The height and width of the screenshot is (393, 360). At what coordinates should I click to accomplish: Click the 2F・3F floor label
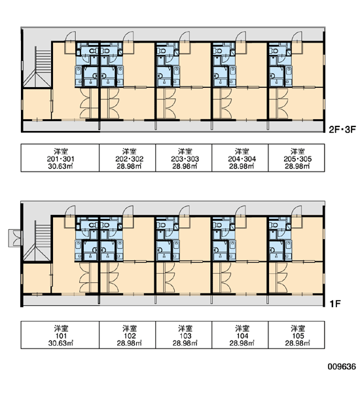[342, 130]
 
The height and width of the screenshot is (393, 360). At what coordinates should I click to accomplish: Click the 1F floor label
[335, 304]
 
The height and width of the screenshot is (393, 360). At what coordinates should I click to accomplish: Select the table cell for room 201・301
[60, 158]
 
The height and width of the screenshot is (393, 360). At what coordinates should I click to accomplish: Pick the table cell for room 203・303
[184, 158]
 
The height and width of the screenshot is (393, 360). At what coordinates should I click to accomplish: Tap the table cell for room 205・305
[297, 158]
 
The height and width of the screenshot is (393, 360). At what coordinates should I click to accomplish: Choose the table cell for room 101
[60, 335]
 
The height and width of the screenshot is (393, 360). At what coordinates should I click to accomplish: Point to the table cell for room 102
[127, 335]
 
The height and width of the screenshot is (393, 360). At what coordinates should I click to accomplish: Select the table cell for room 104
[240, 335]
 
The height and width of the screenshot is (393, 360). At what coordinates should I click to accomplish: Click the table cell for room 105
[297, 335]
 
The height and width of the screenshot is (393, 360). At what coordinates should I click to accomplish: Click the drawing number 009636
[342, 367]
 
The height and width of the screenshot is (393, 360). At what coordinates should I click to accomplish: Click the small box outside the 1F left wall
[15, 238]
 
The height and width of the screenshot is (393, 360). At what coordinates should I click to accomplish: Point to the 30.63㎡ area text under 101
[60, 343]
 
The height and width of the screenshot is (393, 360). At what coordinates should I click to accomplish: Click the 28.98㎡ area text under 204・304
[242, 166]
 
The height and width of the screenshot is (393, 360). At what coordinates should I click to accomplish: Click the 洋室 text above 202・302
[130, 151]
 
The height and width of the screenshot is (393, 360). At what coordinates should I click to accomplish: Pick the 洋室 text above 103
[185, 328]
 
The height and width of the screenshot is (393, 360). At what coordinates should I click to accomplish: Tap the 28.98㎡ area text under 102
[129, 343]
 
